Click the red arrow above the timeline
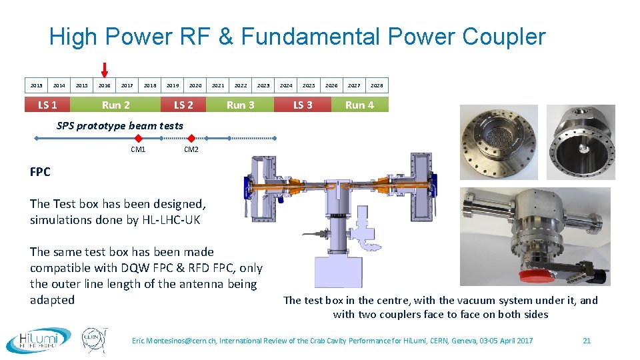pyautogui.click(x=105, y=69)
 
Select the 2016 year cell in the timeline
pyautogui.click(x=105, y=85)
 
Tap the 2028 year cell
pyautogui.click(x=377, y=85)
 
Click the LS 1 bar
pyautogui.click(x=47, y=105)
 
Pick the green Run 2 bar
pyautogui.click(x=116, y=105)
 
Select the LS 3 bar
pyautogui.click(x=303, y=105)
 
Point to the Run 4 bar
pyautogui.click(x=359, y=105)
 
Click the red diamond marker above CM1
pyautogui.click(x=139, y=138)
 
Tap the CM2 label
pyautogui.click(x=191, y=150)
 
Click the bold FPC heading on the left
pyautogui.click(x=40, y=172)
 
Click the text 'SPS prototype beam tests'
pyautogui.click(x=120, y=125)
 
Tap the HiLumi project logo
pyautogui.click(x=39, y=339)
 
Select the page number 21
pyautogui.click(x=587, y=341)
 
